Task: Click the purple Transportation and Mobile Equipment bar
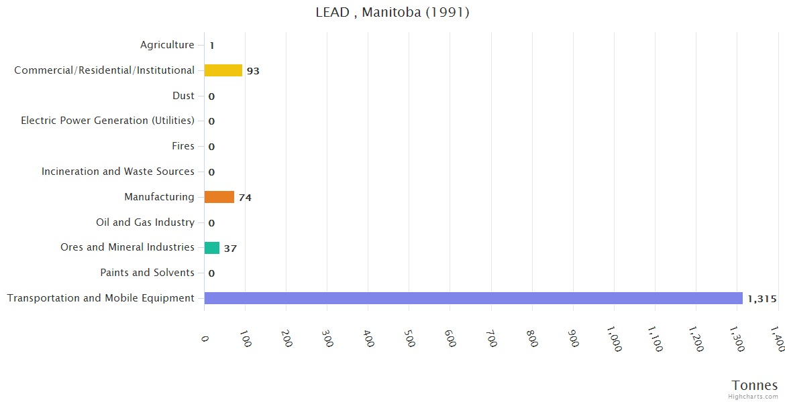tap(473, 298)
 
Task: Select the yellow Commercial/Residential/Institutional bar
tap(223, 70)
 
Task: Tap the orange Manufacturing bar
tap(219, 197)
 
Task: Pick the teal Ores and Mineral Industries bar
tap(212, 248)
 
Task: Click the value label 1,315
tap(762, 299)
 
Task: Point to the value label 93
tap(253, 71)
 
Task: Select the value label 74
tap(245, 198)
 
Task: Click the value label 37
tap(230, 249)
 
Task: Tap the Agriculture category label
tap(167, 45)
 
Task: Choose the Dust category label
tap(183, 96)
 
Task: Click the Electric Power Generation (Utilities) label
tap(107, 121)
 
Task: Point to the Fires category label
tap(183, 146)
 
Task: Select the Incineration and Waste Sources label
tap(118, 172)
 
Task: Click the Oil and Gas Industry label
tap(145, 222)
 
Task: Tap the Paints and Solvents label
tap(147, 273)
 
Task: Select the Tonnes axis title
tap(755, 385)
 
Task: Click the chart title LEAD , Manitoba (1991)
tap(392, 12)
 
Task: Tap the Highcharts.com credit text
tap(753, 397)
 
